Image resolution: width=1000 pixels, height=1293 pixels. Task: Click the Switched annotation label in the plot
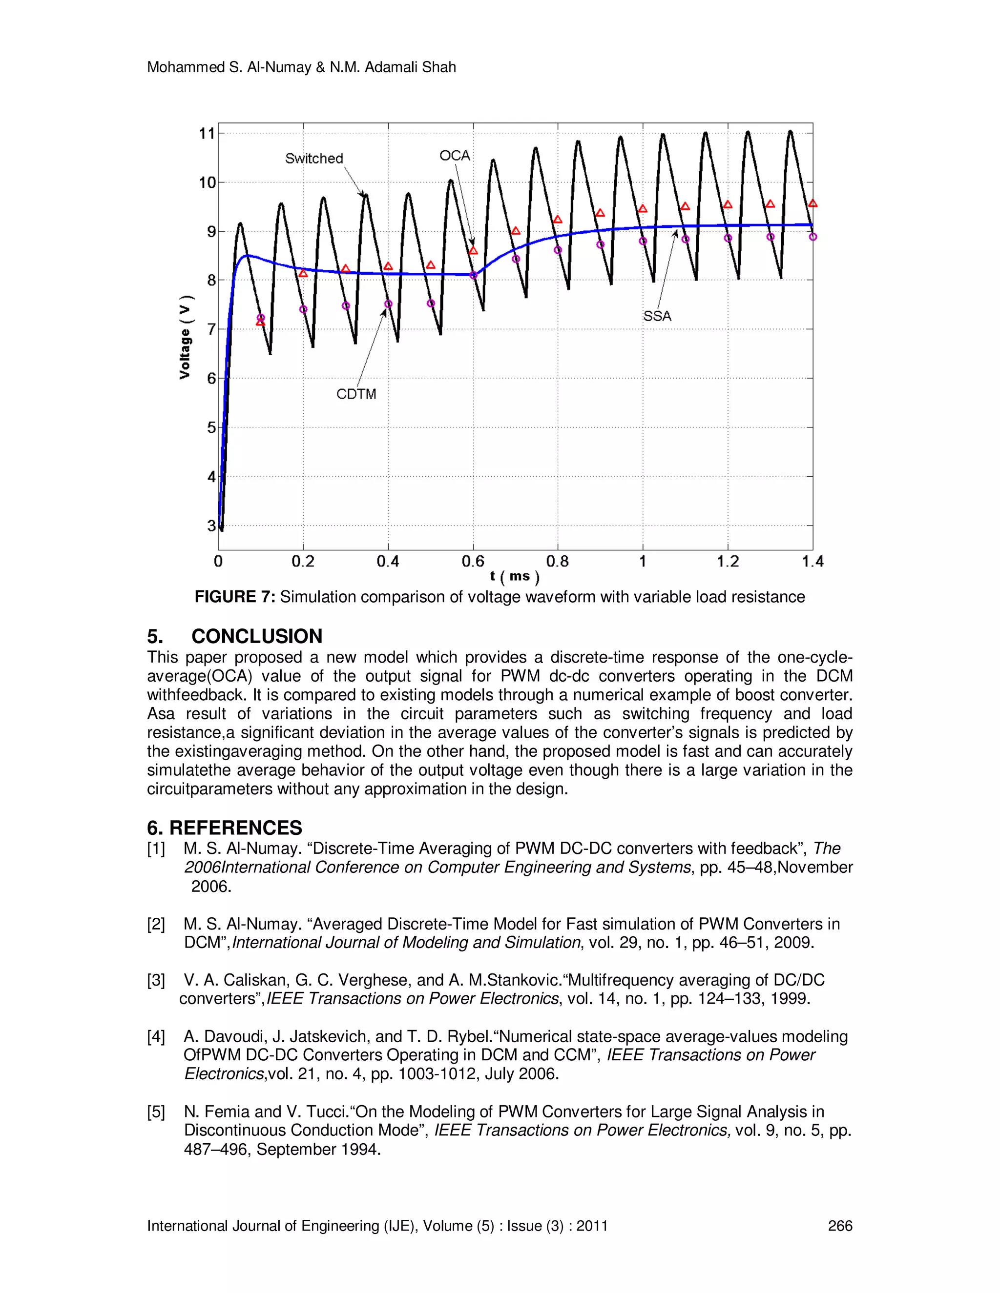coord(314,159)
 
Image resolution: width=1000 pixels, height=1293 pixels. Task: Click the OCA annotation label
coord(455,156)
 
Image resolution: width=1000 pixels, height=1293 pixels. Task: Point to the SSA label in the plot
coord(657,316)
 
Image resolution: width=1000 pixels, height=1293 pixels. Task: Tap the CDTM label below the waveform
coord(356,394)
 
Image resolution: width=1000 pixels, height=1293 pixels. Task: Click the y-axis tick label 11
coord(207,134)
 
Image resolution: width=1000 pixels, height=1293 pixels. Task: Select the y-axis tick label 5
coord(211,427)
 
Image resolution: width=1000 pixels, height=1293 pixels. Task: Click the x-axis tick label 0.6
coord(473,561)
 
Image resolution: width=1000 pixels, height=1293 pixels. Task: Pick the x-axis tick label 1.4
coord(812,561)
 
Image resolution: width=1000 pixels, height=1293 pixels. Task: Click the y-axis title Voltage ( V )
coord(186,336)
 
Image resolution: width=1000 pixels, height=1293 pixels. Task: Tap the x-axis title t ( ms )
coord(514,576)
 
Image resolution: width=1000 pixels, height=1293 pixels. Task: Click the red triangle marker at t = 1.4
coord(813,203)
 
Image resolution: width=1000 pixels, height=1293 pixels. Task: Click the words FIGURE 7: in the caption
coord(234,597)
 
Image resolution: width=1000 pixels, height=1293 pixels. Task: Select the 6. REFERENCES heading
coord(225,828)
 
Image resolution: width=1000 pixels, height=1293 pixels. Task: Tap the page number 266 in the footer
coord(839,1226)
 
